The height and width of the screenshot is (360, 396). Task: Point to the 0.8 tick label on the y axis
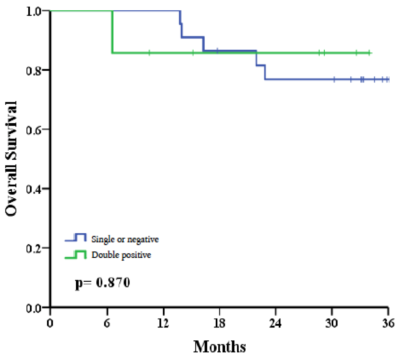click(33, 70)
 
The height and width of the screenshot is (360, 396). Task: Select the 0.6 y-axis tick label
click(33, 129)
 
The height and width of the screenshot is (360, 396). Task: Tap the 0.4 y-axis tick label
click(33, 189)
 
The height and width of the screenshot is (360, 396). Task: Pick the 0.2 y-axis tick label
click(33, 248)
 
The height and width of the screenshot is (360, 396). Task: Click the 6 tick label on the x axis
click(107, 323)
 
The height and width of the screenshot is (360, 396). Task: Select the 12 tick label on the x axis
click(163, 323)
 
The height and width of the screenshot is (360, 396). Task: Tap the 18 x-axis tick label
click(219, 323)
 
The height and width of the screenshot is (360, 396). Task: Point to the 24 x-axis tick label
click(275, 323)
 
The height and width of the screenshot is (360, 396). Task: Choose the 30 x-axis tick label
click(332, 323)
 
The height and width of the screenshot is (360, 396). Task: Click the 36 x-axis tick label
click(388, 323)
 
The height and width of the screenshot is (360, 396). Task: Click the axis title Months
click(220, 346)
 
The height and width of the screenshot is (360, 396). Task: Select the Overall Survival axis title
click(11, 158)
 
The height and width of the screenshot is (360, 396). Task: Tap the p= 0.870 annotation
click(102, 283)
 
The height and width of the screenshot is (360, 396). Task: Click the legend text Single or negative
click(125, 239)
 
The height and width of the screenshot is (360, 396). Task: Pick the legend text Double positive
click(121, 255)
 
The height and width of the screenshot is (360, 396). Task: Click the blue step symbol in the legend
click(76, 238)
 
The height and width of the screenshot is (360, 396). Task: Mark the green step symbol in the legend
click(76, 254)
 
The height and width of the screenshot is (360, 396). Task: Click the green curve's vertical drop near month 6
click(112, 32)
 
